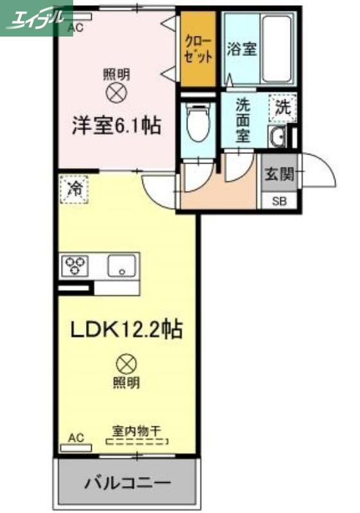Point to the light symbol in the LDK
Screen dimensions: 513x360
point(126,365)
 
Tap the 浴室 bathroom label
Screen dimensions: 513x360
point(242,49)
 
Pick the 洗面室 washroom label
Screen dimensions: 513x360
point(243,119)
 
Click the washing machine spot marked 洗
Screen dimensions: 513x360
point(282,108)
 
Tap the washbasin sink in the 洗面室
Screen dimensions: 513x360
point(279,136)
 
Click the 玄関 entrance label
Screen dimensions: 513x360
point(280,172)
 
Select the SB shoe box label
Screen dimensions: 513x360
point(280,201)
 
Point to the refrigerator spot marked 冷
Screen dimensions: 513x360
point(74,189)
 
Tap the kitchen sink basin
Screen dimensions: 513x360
point(123,265)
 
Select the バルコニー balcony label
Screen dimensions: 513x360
point(128,482)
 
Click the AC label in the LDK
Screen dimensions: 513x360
point(76,438)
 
